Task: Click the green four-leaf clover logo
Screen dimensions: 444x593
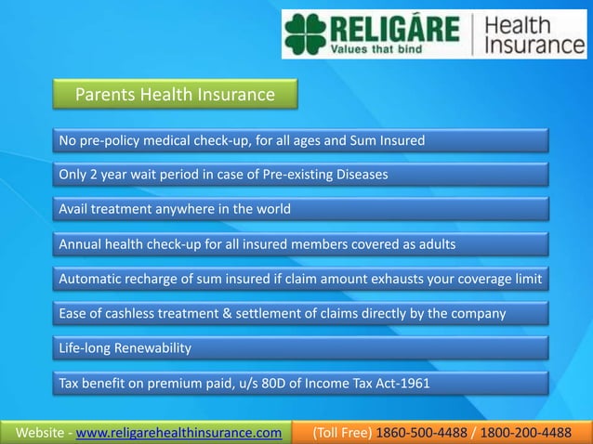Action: [x=306, y=34]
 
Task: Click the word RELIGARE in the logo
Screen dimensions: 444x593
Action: [x=395, y=28]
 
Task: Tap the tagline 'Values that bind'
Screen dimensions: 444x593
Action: [x=381, y=50]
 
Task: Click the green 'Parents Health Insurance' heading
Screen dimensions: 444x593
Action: [x=175, y=95]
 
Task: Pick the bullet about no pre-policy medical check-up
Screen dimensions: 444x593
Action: [x=242, y=141]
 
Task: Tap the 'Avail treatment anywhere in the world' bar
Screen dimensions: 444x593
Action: [x=175, y=209]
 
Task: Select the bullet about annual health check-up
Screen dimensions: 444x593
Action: [x=257, y=244]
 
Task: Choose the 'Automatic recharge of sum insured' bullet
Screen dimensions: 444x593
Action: [x=300, y=279]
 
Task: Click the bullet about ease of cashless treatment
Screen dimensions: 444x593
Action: [x=283, y=314]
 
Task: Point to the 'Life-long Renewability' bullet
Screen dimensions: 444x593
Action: [x=125, y=348]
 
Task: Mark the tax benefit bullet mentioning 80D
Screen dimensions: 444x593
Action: [x=244, y=383]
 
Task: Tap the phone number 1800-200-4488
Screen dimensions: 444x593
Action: [x=527, y=432]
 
